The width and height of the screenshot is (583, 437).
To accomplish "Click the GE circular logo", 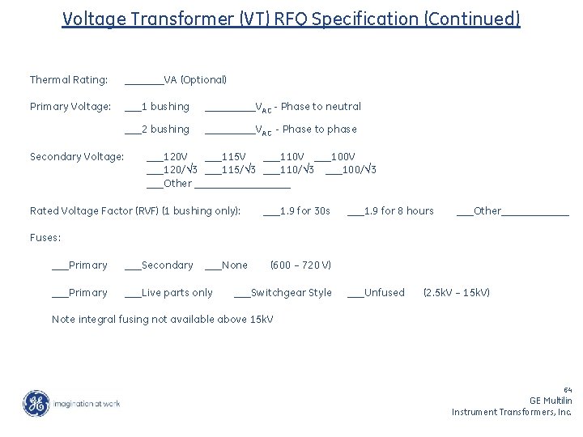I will (36, 403).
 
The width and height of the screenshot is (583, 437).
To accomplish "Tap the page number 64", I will (567, 389).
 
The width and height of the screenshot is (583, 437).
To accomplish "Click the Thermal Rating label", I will (69, 79).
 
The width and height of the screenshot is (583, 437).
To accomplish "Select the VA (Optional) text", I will (194, 79).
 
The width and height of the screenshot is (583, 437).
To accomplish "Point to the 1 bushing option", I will (164, 106).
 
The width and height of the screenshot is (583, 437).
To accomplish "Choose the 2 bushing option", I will (164, 129).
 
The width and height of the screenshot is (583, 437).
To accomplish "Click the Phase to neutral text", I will (321, 106).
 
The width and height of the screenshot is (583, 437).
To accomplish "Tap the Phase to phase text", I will (319, 129).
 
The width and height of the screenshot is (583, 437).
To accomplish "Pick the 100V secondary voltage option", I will (343, 156).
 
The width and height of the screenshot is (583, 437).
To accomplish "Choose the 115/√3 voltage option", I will (238, 169).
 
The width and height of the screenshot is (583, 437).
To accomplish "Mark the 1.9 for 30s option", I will (304, 211).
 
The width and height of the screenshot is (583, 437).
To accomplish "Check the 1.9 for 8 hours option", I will (398, 211).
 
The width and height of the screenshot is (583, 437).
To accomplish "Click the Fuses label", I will (45, 238).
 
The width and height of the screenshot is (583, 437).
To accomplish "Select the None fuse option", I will (234, 265).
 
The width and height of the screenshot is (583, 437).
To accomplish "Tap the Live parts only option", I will (177, 292).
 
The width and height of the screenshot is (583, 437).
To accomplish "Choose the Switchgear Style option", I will (291, 292).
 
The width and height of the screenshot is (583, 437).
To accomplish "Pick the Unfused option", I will (384, 292).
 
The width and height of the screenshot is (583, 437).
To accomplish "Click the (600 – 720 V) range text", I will (300, 265).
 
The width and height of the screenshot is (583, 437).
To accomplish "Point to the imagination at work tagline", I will (87, 403).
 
